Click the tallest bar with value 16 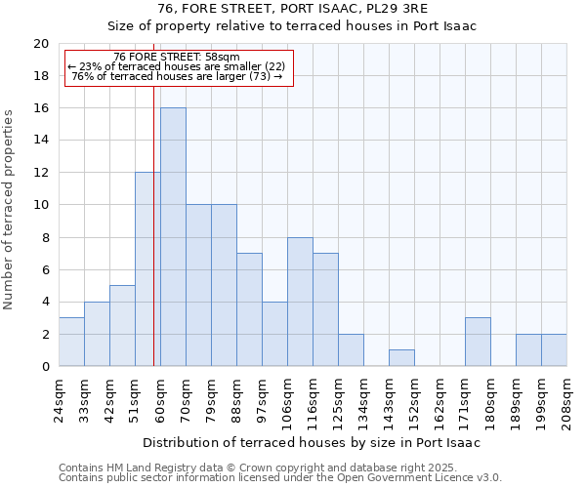point(173,237)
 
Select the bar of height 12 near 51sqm point(147,269)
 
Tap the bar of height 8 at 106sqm point(300,302)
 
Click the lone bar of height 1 point(401,358)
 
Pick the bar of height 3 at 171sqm point(478,342)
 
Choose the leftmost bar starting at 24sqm point(71,342)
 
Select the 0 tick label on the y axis point(44,367)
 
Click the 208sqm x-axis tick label point(568,400)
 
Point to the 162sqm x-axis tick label point(441,400)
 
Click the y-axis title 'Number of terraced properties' point(9,210)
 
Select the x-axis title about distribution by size point(313,442)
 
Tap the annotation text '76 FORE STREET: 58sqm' point(177,58)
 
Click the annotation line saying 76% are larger point(177,77)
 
